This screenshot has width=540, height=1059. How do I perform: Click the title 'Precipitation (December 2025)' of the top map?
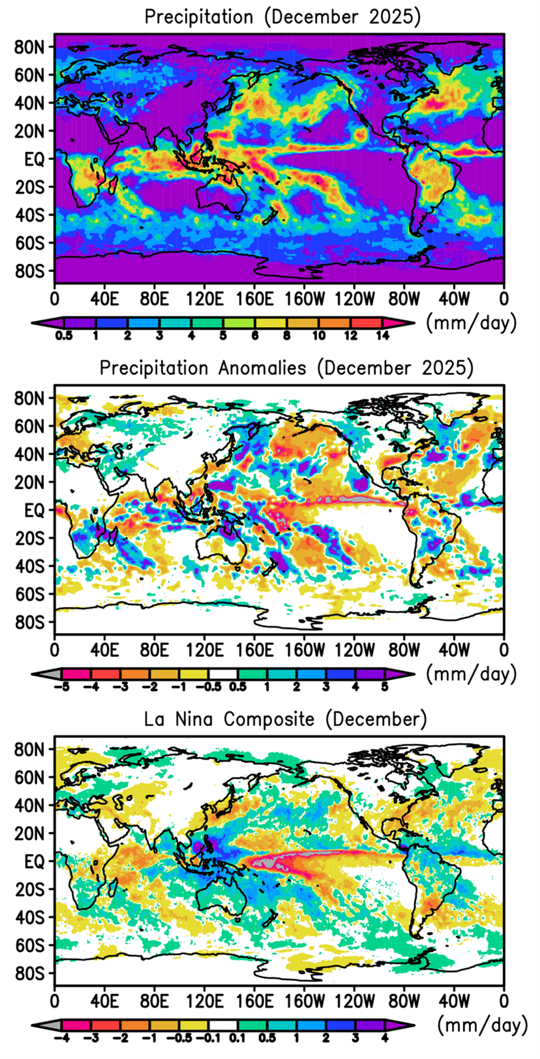point(283,17)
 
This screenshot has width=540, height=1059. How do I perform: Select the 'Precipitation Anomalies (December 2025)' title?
point(287,368)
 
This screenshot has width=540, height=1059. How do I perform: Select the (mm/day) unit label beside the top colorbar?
point(470,322)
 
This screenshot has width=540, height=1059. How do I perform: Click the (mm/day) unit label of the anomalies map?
point(470,674)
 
